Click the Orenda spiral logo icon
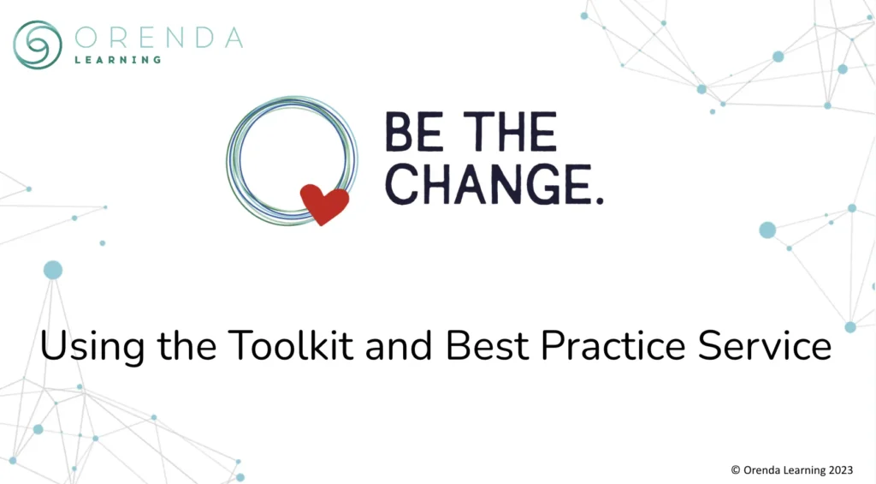point(38,45)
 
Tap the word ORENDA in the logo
point(158,38)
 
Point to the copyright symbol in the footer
point(736,469)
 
